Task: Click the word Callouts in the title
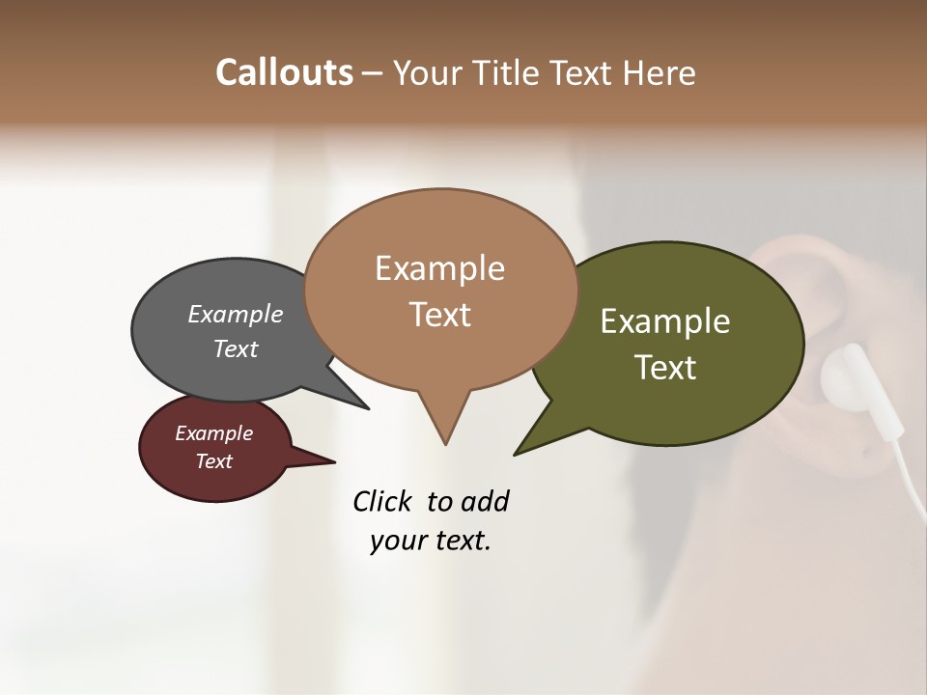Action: point(284,72)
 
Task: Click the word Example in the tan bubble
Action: point(439,268)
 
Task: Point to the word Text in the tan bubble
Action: point(439,314)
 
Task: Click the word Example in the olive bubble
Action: point(665,321)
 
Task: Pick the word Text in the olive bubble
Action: point(666,367)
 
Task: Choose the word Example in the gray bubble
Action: point(236,314)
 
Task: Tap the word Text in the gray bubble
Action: point(236,348)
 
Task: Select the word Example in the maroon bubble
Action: point(213,433)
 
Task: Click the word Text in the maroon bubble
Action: point(213,461)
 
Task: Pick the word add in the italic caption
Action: point(485,501)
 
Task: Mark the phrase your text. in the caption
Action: point(431,541)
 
